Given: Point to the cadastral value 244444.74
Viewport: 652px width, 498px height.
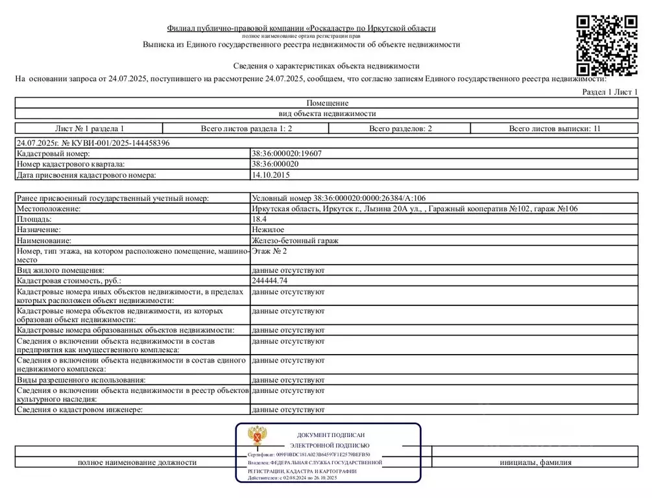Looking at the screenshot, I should coord(269,281).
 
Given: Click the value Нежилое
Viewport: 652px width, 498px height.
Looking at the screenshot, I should coord(267,230).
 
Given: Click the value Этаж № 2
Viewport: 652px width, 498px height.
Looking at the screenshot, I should coord(269,250).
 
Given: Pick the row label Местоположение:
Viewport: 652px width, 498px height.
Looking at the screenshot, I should coord(49,209).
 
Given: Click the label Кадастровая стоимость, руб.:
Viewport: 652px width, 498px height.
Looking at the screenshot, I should coord(69,281).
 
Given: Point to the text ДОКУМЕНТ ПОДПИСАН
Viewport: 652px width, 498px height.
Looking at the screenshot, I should coord(331,435).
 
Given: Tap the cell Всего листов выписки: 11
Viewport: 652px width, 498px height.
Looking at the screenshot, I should coord(554,128).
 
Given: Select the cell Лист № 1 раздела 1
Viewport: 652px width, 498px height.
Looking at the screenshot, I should coord(90,128).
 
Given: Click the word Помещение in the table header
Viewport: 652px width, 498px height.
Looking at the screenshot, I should coord(327,103).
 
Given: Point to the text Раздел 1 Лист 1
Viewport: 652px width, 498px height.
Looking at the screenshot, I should coord(610,92).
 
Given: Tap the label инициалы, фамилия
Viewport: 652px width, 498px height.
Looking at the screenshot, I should coord(535,462).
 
